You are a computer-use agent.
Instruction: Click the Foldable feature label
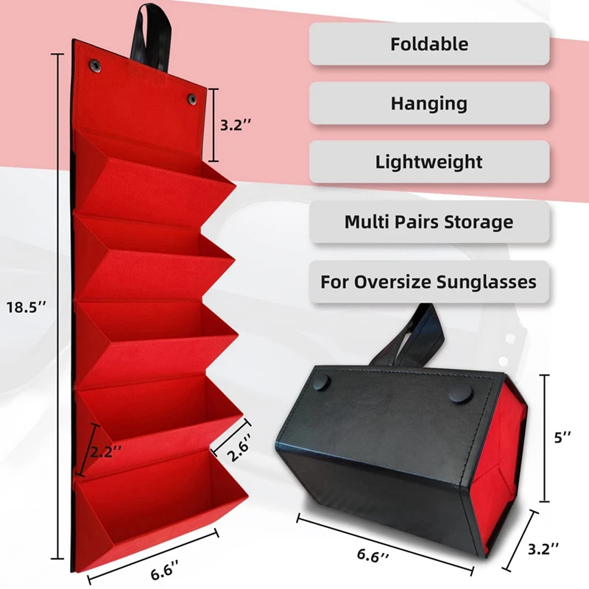pos(428,43)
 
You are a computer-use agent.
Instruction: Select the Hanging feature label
pos(428,103)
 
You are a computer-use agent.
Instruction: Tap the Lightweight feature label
pos(428,162)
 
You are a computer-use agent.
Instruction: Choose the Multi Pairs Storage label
pos(428,221)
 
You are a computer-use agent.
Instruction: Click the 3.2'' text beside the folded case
pos(545,549)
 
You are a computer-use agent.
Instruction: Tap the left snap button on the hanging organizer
pos(96,64)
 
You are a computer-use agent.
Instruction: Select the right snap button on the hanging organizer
pos(191,98)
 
